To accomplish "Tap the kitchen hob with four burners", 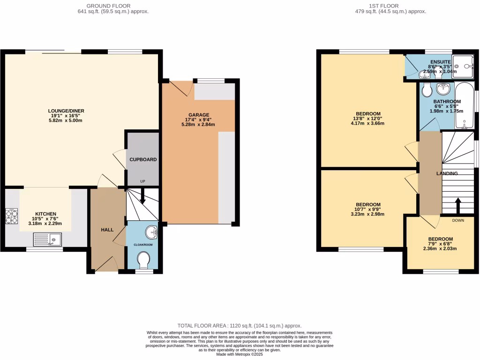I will click(x=11, y=216).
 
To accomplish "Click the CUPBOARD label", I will click(x=143, y=159).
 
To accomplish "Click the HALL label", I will click(x=108, y=230).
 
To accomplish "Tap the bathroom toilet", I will click(x=426, y=90).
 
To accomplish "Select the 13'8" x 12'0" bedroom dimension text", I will click(x=368, y=119).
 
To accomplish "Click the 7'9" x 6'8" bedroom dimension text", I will click(x=441, y=244).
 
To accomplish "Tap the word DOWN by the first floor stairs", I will click(x=458, y=220).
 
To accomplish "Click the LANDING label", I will click(x=447, y=173).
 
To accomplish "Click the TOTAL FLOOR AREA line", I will click(x=239, y=325).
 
